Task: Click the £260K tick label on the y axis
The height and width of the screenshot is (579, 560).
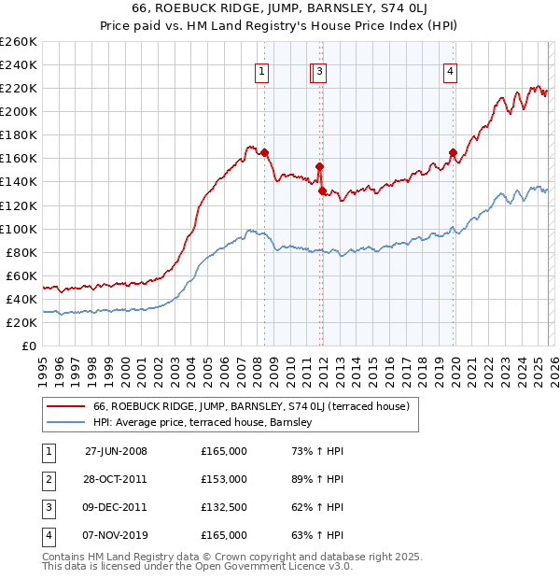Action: pos(19,42)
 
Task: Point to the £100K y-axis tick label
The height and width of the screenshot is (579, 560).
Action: pos(19,229)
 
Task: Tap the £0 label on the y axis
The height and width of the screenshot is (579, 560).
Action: pos(28,346)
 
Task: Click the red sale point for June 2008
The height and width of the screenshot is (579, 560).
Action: pos(265,152)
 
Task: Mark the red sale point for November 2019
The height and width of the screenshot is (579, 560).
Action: pos(453,152)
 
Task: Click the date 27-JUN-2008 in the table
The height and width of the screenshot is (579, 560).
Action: pos(116,451)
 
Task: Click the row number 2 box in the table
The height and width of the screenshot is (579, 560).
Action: pos(47,479)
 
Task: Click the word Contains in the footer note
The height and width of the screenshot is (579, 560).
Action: pos(63,557)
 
